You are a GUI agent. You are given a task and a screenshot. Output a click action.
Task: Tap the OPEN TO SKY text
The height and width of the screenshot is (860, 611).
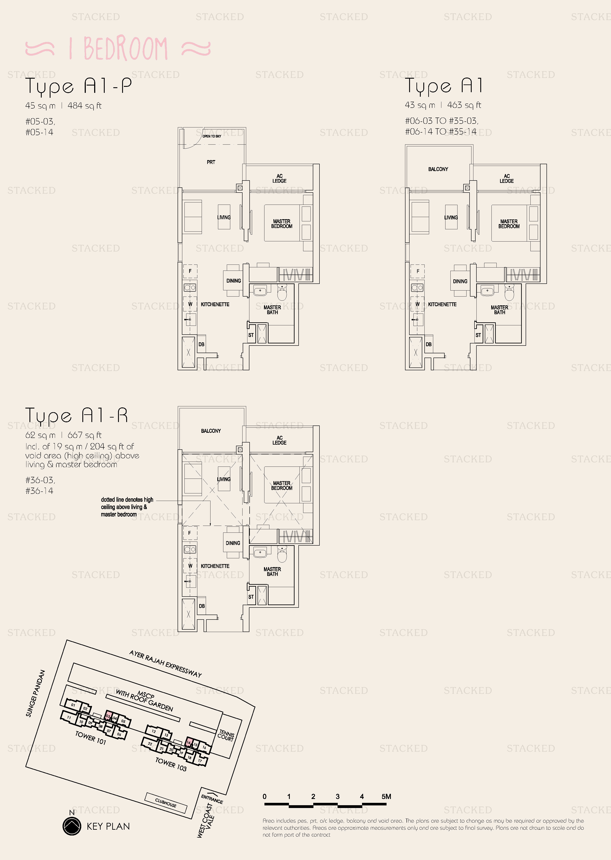click(212, 136)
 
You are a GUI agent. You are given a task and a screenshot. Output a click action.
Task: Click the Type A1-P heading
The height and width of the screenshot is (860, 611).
click(79, 86)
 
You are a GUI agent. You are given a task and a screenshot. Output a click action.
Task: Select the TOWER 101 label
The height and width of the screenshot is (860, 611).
click(91, 738)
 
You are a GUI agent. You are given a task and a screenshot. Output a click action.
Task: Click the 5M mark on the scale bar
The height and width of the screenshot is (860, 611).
click(386, 796)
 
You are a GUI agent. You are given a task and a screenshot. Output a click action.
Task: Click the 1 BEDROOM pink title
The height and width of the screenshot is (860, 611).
click(118, 49)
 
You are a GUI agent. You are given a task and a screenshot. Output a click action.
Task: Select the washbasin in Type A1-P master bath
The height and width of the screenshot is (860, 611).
click(260, 291)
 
